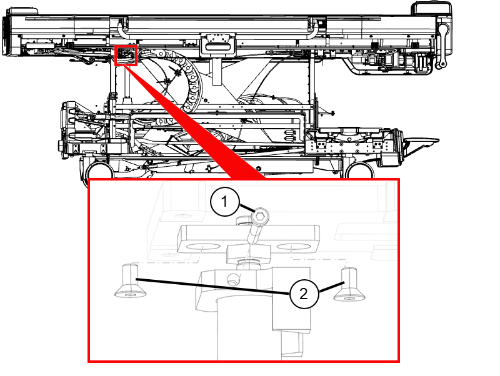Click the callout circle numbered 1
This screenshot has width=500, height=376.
[x=224, y=201]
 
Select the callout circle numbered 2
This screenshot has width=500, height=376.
[x=304, y=294]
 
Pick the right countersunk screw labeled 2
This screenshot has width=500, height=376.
[x=349, y=284]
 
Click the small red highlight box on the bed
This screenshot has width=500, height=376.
[x=126, y=56]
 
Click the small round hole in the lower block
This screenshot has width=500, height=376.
[x=233, y=280]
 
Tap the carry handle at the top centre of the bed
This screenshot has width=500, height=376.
[x=217, y=44]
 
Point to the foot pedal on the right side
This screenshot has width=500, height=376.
[x=420, y=143]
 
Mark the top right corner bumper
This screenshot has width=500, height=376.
[x=431, y=8]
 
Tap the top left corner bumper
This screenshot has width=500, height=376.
[x=22, y=11]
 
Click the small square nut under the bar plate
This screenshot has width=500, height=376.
[x=249, y=254]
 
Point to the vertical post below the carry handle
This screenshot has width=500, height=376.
[x=217, y=71]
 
